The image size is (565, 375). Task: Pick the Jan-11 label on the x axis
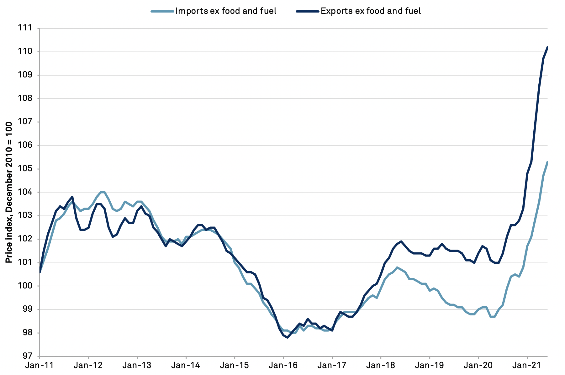tap(40, 365)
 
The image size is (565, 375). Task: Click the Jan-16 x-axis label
tap(283, 365)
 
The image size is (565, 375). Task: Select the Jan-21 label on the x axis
tap(527, 365)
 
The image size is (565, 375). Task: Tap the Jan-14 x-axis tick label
tap(186, 365)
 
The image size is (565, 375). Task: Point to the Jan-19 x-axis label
tap(429, 365)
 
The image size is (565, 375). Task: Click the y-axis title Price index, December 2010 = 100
tap(9, 192)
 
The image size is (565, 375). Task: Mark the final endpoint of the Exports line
tap(547, 47)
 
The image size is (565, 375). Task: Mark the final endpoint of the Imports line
tap(547, 162)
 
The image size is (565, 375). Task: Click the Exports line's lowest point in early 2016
tap(287, 338)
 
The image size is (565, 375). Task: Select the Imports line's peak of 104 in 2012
tap(103, 192)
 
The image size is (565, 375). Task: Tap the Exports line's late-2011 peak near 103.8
tap(72, 197)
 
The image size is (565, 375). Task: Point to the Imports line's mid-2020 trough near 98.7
tap(493, 317)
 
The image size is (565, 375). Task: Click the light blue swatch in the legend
tap(162, 11)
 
